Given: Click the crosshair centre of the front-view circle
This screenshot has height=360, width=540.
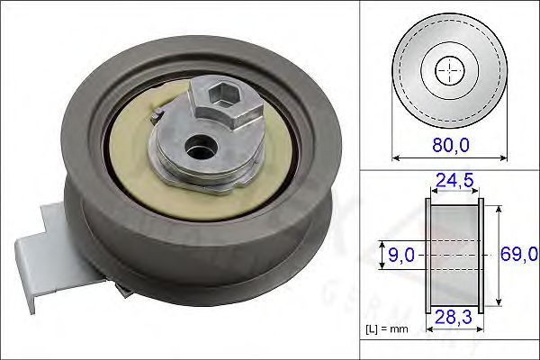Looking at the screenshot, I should pyautogui.click(x=450, y=69).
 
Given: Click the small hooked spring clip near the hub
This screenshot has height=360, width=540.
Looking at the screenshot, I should pyautogui.click(x=157, y=116).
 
